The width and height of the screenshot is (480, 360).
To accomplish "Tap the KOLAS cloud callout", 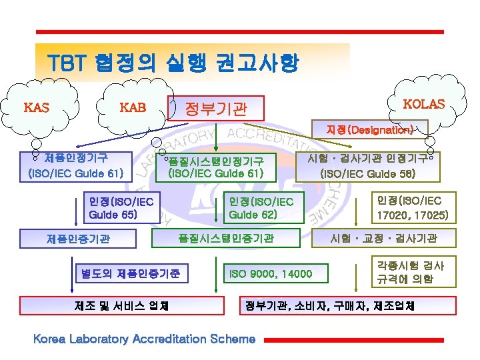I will coord(424,104).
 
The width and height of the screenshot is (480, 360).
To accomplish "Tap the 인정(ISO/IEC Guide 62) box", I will coord(261,207).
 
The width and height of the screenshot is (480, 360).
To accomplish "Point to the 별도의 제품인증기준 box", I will coord(131,273).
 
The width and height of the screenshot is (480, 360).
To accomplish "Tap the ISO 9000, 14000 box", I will coord(270,273).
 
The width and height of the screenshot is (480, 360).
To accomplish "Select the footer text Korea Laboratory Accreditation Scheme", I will coord(144,339).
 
